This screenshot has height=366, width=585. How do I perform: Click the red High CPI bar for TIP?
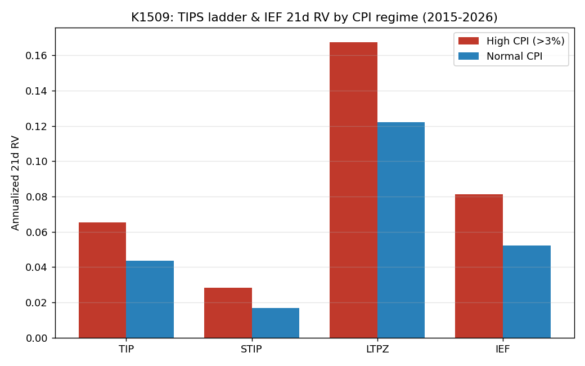pyautogui.click(x=102, y=280)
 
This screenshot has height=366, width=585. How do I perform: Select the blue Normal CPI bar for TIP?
pyautogui.click(x=150, y=299)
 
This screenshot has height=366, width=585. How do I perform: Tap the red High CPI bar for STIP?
pyautogui.click(x=228, y=313)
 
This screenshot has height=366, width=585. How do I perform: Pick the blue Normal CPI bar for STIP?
pyautogui.click(x=276, y=323)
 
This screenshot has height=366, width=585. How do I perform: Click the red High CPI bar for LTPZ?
pyautogui.click(x=353, y=190)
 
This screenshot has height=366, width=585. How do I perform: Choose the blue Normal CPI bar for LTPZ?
pyautogui.click(x=401, y=230)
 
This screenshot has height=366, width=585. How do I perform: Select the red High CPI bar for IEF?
pyautogui.click(x=479, y=266)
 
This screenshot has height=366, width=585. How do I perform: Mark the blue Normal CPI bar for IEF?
pyautogui.click(x=527, y=292)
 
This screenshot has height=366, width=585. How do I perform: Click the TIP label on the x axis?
pyautogui.click(x=126, y=349)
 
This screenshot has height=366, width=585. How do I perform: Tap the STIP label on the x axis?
pyautogui.click(x=251, y=349)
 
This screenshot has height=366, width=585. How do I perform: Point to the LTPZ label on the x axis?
pyautogui.click(x=377, y=349)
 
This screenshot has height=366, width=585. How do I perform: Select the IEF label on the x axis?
pyautogui.click(x=502, y=349)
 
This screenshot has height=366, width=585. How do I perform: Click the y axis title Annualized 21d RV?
pyautogui.click(x=15, y=183)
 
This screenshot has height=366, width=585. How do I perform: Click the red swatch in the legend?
pyautogui.click(x=468, y=41)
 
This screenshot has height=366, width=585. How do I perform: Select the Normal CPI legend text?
pyautogui.click(x=514, y=56)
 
